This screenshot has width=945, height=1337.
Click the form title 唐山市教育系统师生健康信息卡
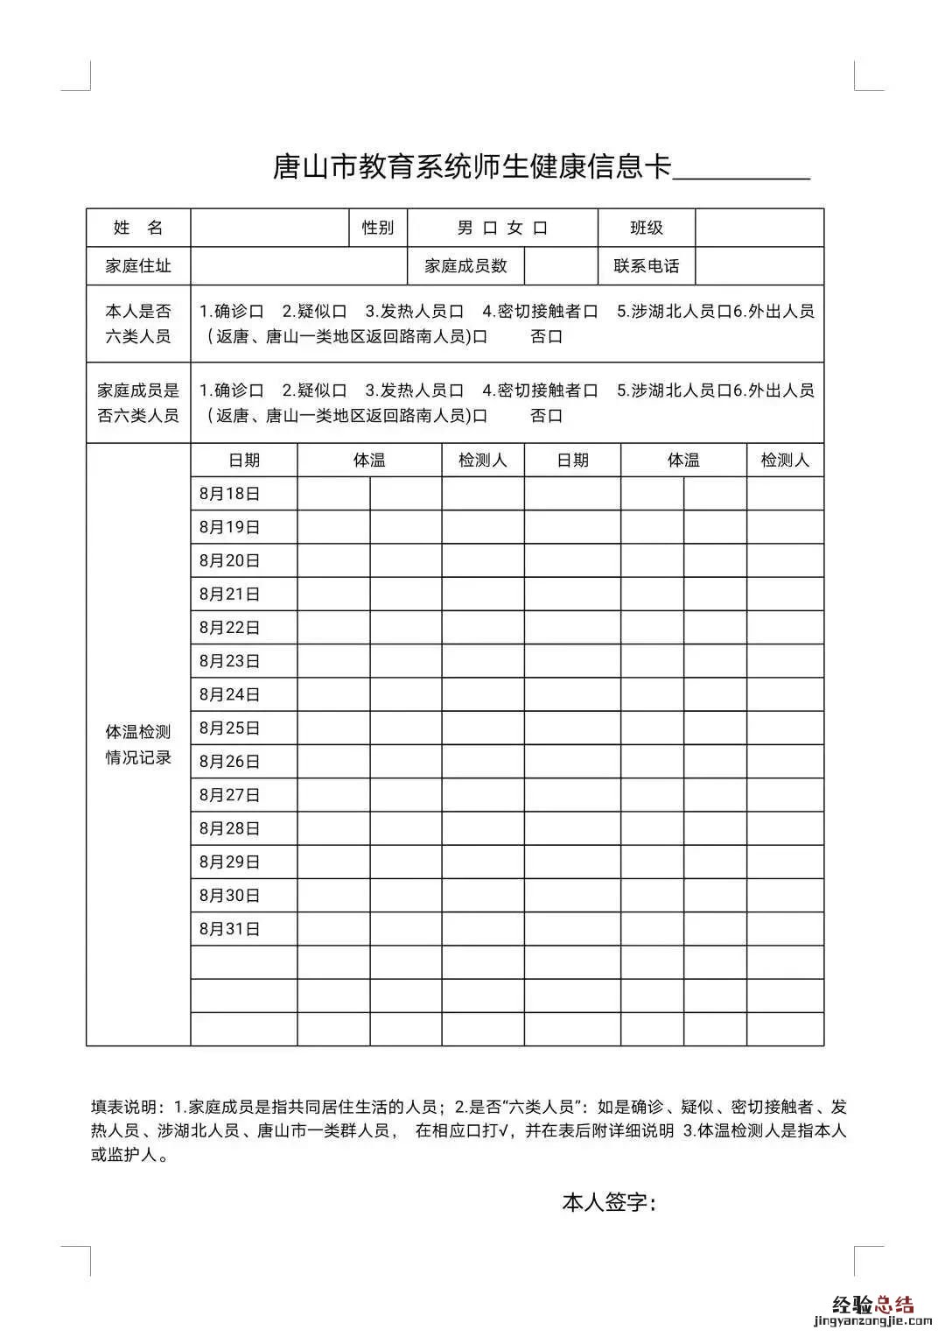click(472, 166)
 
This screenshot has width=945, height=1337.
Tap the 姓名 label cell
click(138, 228)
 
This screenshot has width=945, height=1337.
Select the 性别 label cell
click(378, 228)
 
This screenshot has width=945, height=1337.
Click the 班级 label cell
click(647, 228)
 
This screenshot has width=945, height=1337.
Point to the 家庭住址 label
click(138, 266)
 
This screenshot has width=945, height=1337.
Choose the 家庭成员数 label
click(465, 266)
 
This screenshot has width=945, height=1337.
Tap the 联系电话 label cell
click(647, 266)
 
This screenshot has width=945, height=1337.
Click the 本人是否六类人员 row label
click(138, 323)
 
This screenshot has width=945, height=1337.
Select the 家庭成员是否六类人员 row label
click(138, 403)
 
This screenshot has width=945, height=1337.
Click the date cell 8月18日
click(230, 494)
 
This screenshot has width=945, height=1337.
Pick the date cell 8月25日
click(230, 728)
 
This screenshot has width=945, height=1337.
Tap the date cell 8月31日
click(230, 929)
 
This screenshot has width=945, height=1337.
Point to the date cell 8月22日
click(230, 628)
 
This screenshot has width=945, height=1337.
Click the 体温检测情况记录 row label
click(138, 744)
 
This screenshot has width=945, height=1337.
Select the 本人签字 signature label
click(609, 1202)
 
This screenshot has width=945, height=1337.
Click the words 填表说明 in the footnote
click(127, 1107)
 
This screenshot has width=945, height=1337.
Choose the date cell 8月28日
click(230, 828)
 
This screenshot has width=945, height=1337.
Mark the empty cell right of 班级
click(759, 228)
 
